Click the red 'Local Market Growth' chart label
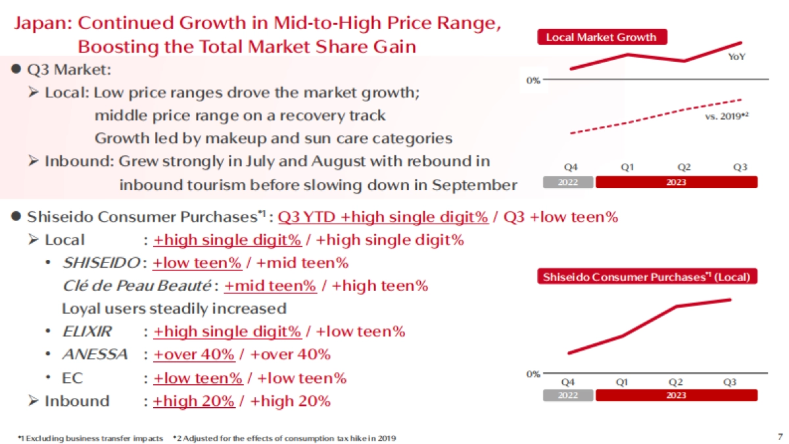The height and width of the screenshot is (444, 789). pyautogui.click(x=602, y=37)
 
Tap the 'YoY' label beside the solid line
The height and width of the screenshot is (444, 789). pyautogui.click(x=737, y=57)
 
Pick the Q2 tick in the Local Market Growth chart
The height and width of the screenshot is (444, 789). pyautogui.click(x=684, y=167)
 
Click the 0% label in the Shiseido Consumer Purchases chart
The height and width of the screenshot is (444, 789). pyautogui.click(x=533, y=374)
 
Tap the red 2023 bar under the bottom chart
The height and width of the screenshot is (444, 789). pyautogui.click(x=676, y=395)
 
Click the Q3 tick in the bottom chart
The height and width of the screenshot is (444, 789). pyautogui.click(x=730, y=382)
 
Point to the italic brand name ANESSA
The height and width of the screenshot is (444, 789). pyautogui.click(x=95, y=355)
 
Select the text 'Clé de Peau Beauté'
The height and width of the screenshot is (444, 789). pyautogui.click(x=136, y=286)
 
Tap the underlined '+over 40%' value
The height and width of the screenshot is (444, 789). pyautogui.click(x=193, y=355)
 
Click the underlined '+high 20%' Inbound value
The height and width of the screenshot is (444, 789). pyautogui.click(x=193, y=401)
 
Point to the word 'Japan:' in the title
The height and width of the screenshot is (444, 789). pyautogui.click(x=43, y=24)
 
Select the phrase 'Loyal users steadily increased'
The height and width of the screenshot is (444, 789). pyautogui.click(x=174, y=308)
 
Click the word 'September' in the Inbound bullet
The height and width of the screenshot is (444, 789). pyautogui.click(x=474, y=185)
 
